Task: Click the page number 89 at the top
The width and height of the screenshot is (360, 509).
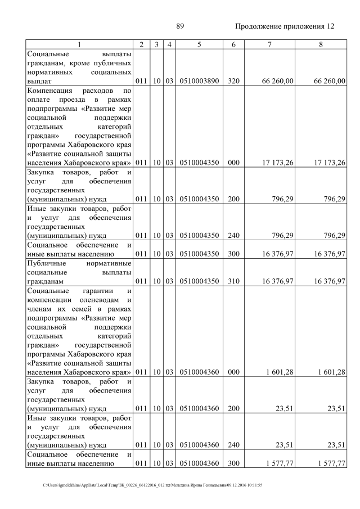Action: pyautogui.click(x=180, y=26)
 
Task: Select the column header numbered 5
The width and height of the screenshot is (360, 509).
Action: pyautogui.click(x=199, y=44)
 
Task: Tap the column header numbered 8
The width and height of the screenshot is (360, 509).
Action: pyautogui.click(x=320, y=44)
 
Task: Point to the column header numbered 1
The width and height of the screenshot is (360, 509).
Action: pyautogui.click(x=79, y=44)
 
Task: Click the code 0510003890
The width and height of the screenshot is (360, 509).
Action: pyautogui.click(x=199, y=81)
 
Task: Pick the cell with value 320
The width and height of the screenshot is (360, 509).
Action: pyautogui.click(x=234, y=81)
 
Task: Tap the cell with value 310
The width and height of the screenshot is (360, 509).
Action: pyautogui.click(x=234, y=280)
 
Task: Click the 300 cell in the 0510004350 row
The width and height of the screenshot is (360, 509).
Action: pyautogui.click(x=234, y=254)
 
